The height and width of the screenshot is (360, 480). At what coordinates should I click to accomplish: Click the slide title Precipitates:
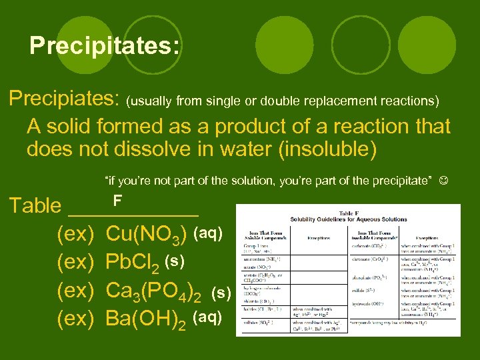point(104,45)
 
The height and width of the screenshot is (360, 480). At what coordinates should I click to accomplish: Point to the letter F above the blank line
point(117,200)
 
